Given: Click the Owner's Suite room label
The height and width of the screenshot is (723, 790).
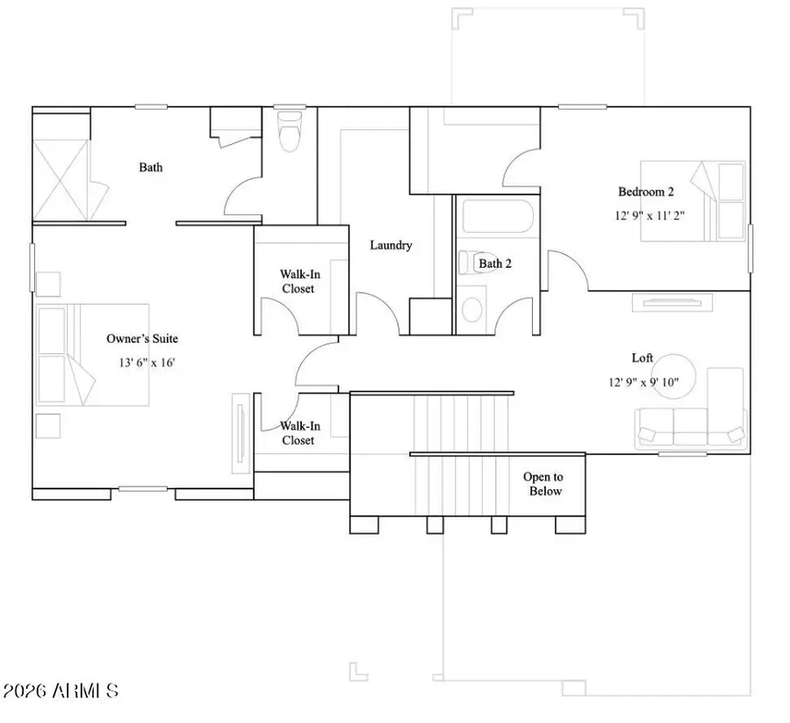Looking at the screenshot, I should point(147,338).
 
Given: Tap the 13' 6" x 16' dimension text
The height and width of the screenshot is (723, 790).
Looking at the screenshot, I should point(147,362).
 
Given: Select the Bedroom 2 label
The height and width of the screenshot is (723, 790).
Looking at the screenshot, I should point(646,192).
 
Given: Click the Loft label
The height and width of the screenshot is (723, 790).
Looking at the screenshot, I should point(643,358).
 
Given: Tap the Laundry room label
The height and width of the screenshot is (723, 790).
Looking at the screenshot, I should point(391,246).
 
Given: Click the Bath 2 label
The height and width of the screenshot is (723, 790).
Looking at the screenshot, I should point(495,263).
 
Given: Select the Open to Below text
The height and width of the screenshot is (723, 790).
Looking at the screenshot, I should point(543,484).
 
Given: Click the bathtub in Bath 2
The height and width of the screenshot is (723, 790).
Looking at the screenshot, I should point(495,217).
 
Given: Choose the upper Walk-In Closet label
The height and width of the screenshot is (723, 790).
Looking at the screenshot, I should point(298,281).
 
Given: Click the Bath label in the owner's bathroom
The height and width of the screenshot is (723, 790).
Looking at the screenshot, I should point(150,167).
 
